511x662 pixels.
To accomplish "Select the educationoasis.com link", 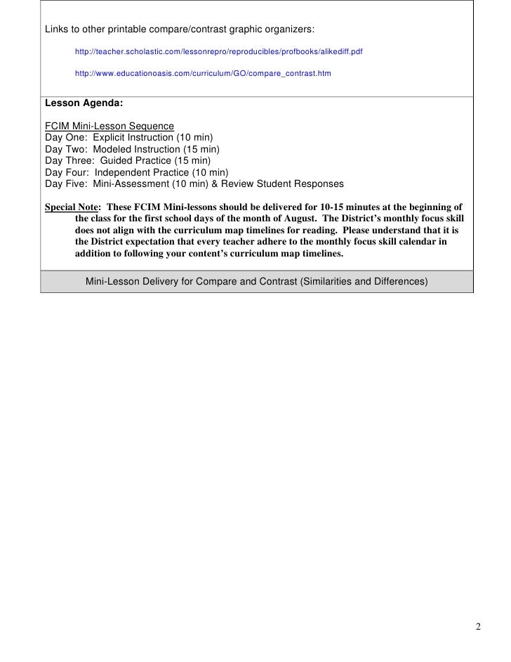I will (203, 73).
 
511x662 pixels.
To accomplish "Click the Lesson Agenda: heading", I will (84, 103).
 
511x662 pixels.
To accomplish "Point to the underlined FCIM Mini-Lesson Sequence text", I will (109, 126).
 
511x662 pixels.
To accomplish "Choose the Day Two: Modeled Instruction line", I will (132, 150).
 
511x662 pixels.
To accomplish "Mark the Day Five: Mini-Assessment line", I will (194, 184).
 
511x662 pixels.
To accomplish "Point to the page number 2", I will (478, 628).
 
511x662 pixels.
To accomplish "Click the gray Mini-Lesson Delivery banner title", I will (256, 282).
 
